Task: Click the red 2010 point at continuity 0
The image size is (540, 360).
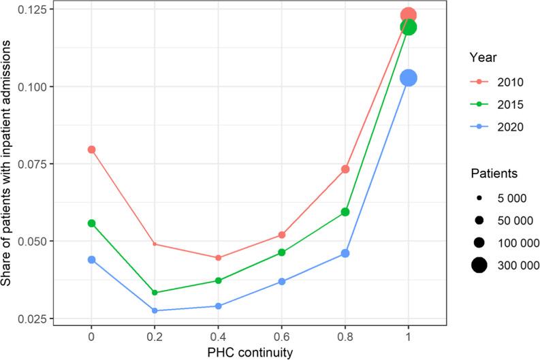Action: point(91,149)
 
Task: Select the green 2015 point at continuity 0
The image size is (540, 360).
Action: point(91,223)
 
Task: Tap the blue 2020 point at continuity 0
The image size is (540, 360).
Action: point(91,259)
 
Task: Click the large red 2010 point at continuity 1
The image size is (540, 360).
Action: point(408,15)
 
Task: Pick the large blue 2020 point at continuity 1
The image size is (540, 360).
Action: point(408,78)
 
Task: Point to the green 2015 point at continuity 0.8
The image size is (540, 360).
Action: point(345,212)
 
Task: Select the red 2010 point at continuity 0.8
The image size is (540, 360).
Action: point(345,169)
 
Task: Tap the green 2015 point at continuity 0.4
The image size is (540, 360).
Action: point(218,280)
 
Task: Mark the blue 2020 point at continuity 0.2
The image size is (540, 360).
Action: point(155,310)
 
